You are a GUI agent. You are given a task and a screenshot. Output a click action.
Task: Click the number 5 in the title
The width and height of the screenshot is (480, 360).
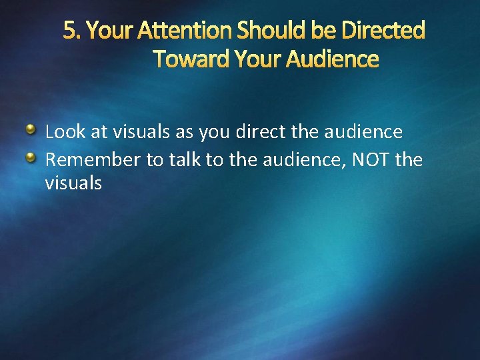[69, 30]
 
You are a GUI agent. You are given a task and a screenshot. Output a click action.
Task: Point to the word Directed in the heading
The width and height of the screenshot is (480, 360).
[384, 30]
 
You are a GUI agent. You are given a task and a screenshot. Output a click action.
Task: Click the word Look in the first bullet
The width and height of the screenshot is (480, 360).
[65, 132]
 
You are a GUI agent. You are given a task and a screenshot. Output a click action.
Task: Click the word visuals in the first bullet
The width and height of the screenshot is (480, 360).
[142, 132]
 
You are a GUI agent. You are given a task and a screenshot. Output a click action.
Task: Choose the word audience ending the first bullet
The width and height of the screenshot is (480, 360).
[363, 132]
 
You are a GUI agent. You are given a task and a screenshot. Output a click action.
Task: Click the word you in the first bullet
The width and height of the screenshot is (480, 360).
[210, 132]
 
